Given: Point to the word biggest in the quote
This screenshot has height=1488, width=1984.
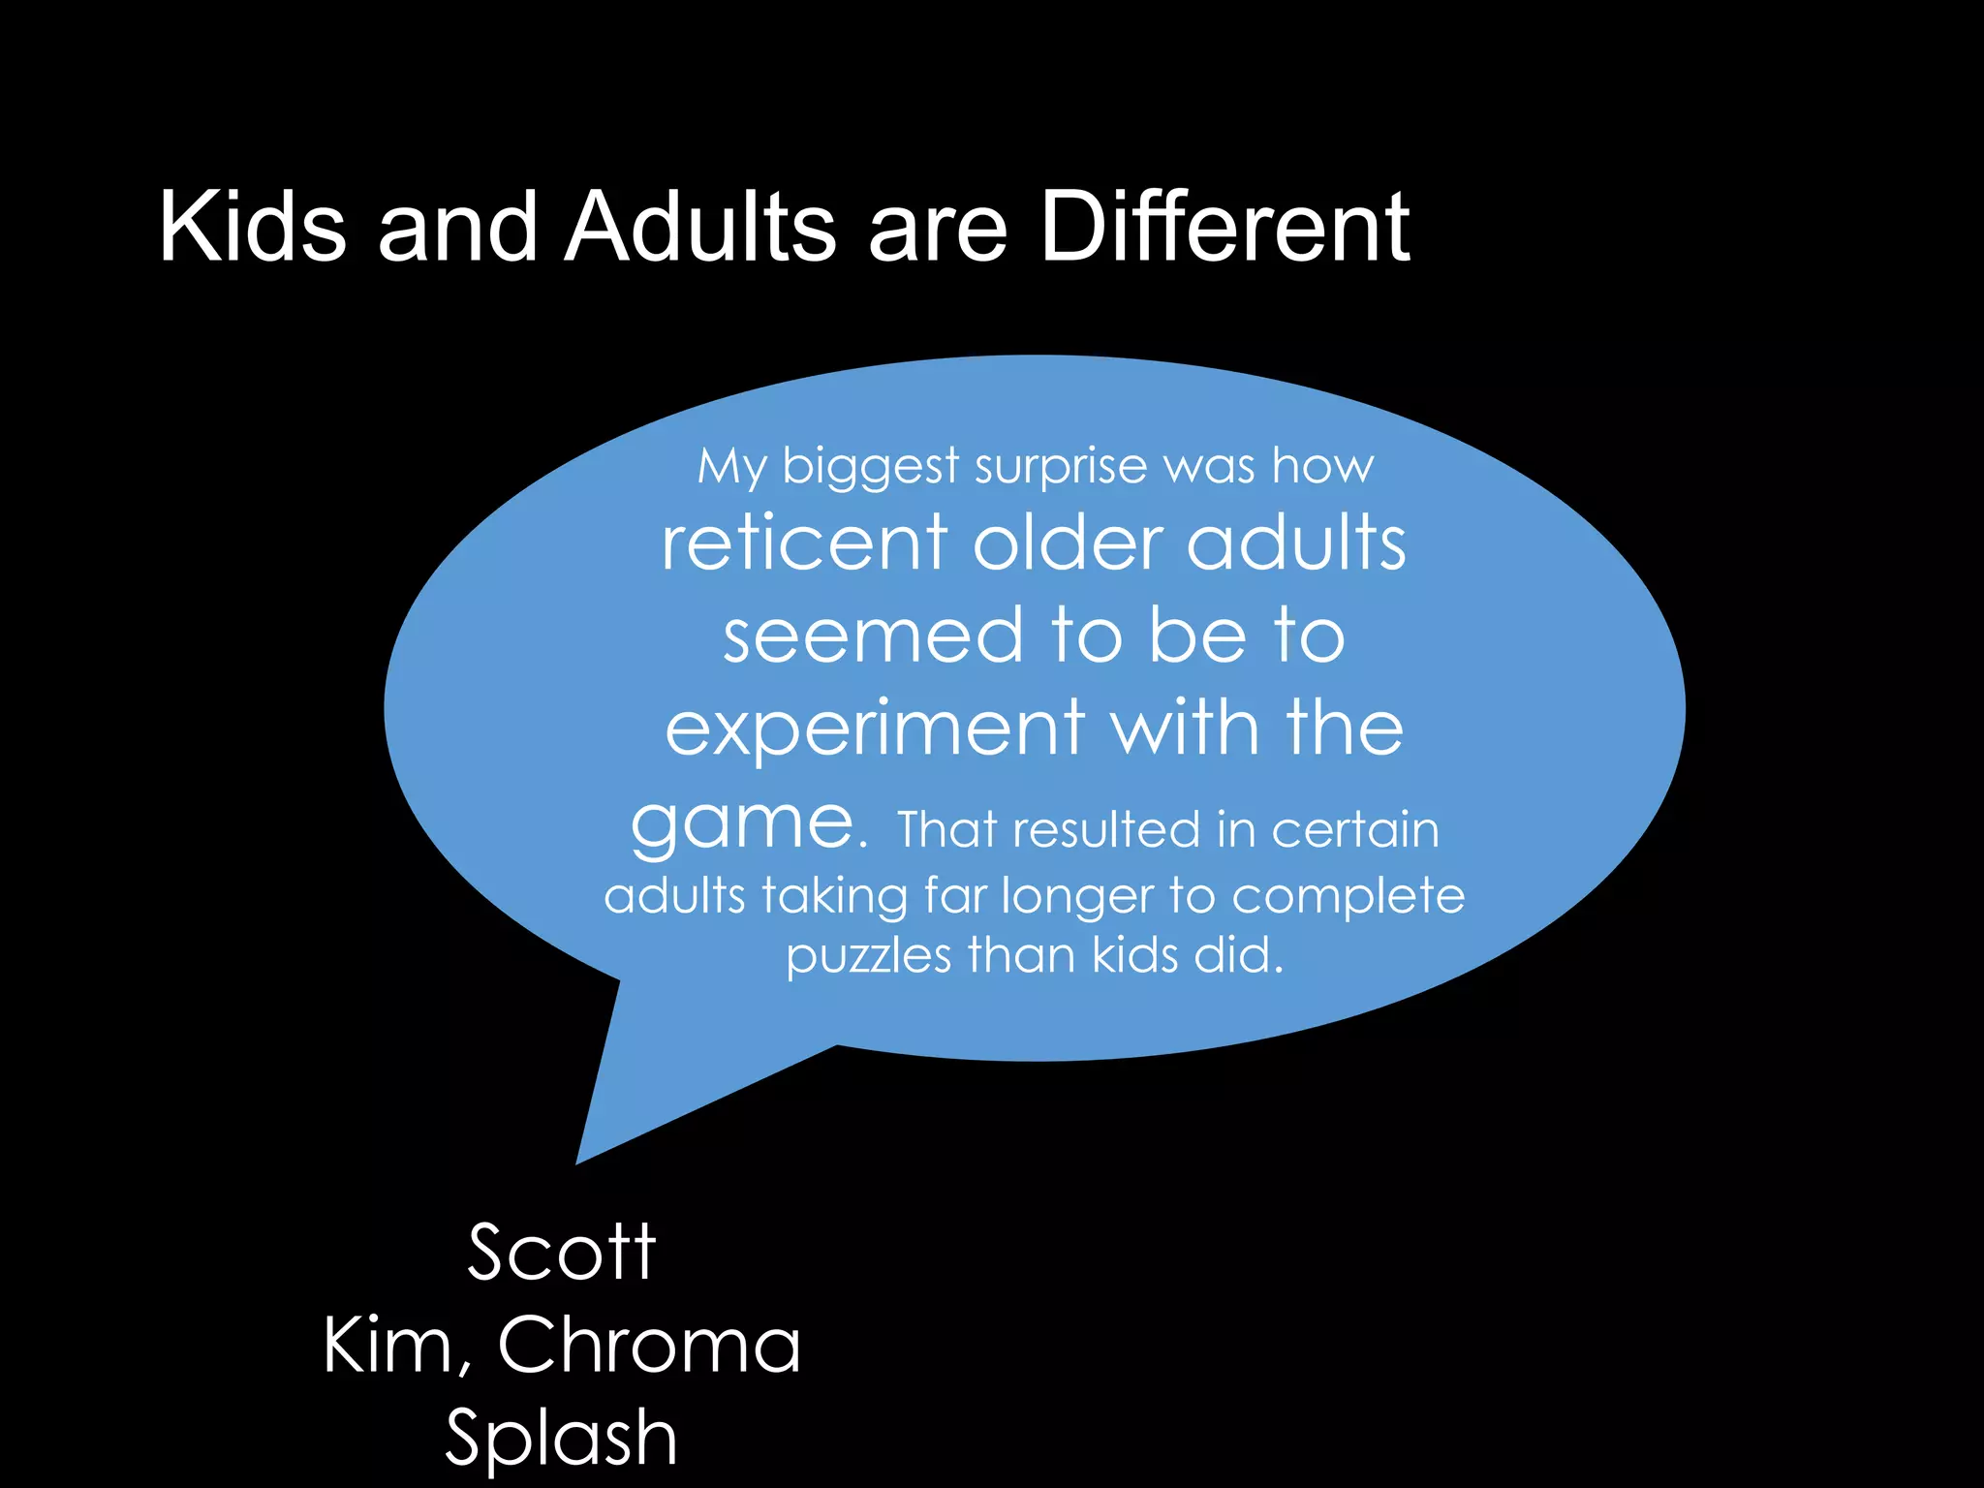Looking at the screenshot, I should [870, 468].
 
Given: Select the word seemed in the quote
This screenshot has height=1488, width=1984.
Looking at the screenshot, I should [873, 636].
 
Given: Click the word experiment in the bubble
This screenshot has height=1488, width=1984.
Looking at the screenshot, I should [874, 729].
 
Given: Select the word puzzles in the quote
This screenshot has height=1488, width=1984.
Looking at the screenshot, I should [869, 958].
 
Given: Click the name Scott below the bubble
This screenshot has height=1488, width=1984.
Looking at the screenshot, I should [562, 1252].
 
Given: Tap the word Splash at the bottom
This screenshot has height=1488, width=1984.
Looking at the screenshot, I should [562, 1438].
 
